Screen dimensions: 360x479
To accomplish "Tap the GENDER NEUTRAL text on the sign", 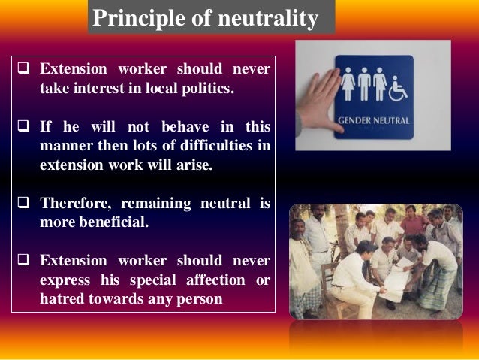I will point(372,119).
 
